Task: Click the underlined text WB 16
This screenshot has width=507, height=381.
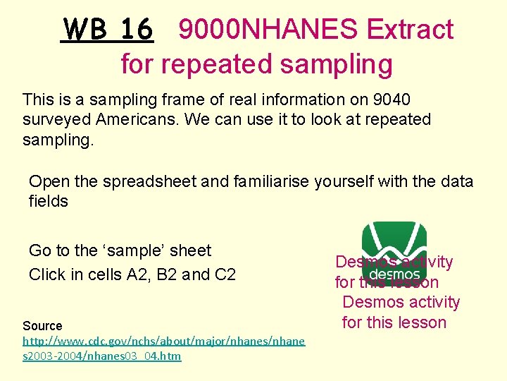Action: pos(107,30)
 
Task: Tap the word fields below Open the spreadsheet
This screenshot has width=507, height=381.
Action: pos(48,201)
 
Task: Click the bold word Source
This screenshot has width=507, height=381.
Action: pos(42,326)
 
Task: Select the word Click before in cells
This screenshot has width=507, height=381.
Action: pos(48,274)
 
